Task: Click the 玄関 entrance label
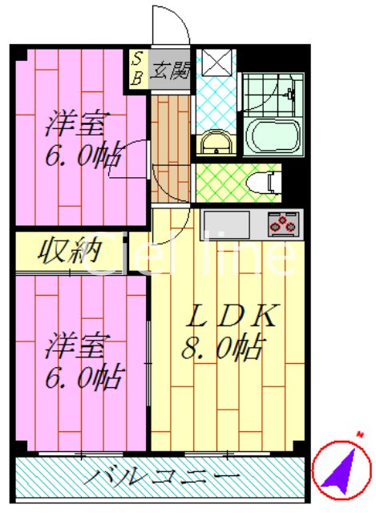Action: (x=170, y=70)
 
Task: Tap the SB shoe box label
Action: (x=137, y=69)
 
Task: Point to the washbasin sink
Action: (x=216, y=142)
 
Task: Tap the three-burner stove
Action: (x=283, y=224)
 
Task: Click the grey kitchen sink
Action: (x=227, y=224)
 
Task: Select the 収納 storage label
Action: (x=69, y=251)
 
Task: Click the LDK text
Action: (x=232, y=315)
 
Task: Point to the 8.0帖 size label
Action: (x=223, y=347)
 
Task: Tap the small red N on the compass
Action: (x=360, y=434)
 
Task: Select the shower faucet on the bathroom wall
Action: (x=290, y=95)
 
